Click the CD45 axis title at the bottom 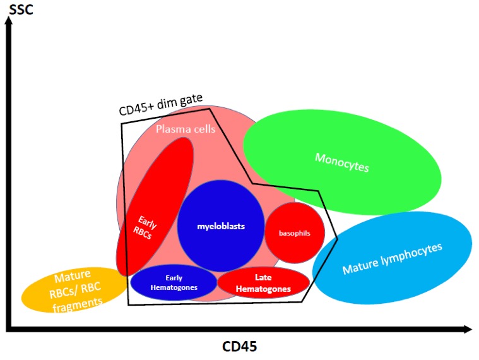(x=240, y=346)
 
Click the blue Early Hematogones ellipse (x=174, y=282)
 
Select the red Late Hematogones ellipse (x=263, y=283)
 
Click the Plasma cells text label (x=186, y=129)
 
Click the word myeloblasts (x=220, y=225)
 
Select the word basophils (x=294, y=233)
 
